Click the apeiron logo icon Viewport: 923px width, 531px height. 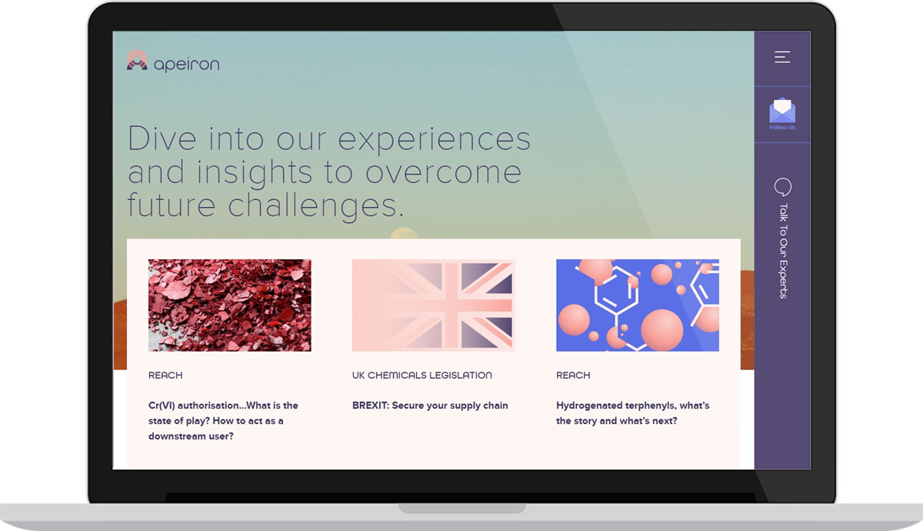137,60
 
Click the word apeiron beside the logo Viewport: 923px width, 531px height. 187,65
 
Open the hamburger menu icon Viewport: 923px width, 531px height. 782,57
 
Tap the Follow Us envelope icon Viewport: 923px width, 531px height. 782,110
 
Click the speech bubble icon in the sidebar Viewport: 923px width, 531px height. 782,187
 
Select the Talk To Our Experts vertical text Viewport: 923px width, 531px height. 783,251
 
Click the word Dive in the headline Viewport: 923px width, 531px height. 162,139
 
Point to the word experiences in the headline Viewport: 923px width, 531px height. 435,140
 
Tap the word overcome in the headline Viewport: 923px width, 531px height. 443,172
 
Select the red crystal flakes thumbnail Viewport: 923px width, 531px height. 229,305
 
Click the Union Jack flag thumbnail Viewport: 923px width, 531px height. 434,305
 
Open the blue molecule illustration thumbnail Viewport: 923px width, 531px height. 638,305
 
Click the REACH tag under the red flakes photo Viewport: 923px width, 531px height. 165,376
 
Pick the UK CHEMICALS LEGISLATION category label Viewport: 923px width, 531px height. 422,376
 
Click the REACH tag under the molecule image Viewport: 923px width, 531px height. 573,376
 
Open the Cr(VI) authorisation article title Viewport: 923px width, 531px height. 223,420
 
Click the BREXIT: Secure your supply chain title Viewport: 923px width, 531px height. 430,406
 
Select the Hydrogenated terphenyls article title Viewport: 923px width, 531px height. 633,413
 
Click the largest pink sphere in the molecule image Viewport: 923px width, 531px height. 662,330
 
